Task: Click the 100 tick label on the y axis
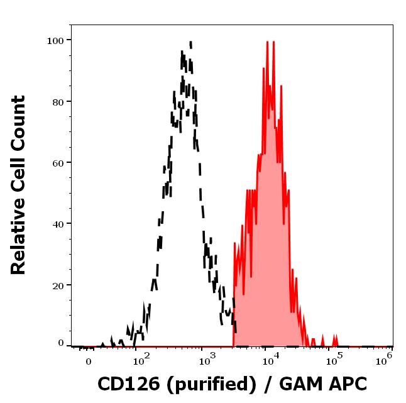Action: (x=55, y=40)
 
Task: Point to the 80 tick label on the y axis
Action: (x=58, y=101)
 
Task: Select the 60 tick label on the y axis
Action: (x=58, y=162)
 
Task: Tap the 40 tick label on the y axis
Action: (x=58, y=223)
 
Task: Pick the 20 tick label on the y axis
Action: (x=58, y=285)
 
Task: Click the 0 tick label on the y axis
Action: (x=61, y=343)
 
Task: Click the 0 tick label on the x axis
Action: (x=89, y=361)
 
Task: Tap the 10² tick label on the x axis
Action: (x=141, y=360)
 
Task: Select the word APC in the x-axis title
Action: (x=344, y=383)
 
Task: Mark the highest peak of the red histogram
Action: (x=267, y=42)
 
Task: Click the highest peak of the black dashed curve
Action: (x=190, y=42)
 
